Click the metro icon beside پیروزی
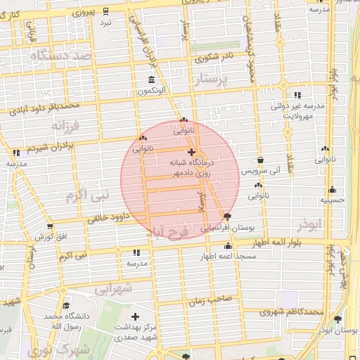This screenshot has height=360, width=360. tap(105, 11)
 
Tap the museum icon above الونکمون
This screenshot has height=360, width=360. tap(151, 79)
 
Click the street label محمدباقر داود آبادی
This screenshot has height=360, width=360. tap(45, 108)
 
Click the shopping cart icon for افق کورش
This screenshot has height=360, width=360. tap(49, 226)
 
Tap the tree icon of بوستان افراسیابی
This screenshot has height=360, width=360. tap(226, 217)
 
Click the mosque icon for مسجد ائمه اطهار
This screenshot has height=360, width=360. tap(227, 246)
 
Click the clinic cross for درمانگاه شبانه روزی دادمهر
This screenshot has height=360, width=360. tap(191, 151)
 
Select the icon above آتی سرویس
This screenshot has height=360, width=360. tap(261, 160)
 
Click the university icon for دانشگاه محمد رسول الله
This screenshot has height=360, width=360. tap(66, 306)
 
